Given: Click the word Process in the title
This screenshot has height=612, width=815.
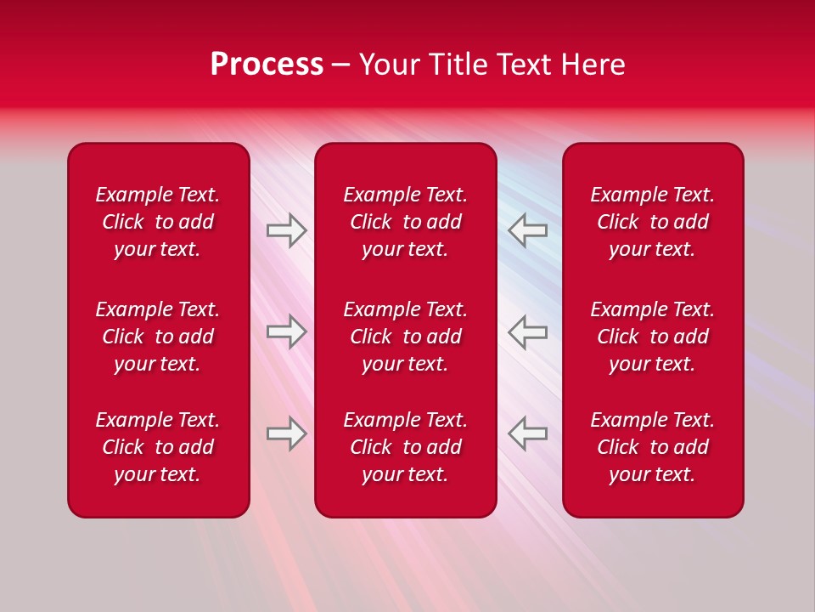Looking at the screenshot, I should point(267,65).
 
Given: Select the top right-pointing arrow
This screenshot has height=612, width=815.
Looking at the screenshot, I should point(286,230).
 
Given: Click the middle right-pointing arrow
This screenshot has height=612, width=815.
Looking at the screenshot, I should point(286,331).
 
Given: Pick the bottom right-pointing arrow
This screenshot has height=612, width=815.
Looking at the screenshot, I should point(286,433).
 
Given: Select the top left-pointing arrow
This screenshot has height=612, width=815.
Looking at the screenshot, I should point(528,230).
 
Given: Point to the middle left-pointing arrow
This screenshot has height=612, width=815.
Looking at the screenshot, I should point(528,331).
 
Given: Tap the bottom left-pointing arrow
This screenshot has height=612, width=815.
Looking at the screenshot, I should point(528,433).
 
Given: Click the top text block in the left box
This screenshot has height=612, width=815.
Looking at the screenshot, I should point(158,222).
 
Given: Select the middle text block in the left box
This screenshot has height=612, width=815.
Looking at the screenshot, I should point(158,337).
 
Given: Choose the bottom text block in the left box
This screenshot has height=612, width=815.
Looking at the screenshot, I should point(158,447).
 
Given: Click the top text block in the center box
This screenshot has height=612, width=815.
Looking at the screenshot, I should point(405,222).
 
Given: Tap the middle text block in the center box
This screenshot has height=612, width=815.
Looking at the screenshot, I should point(405,337).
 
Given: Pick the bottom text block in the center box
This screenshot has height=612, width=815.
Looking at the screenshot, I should point(405,447).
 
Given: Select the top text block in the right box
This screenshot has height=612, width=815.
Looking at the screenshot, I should point(652,222).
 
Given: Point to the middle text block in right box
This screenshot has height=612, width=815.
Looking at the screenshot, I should point(652,337).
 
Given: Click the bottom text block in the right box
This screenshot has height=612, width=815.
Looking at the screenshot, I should point(652,447).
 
